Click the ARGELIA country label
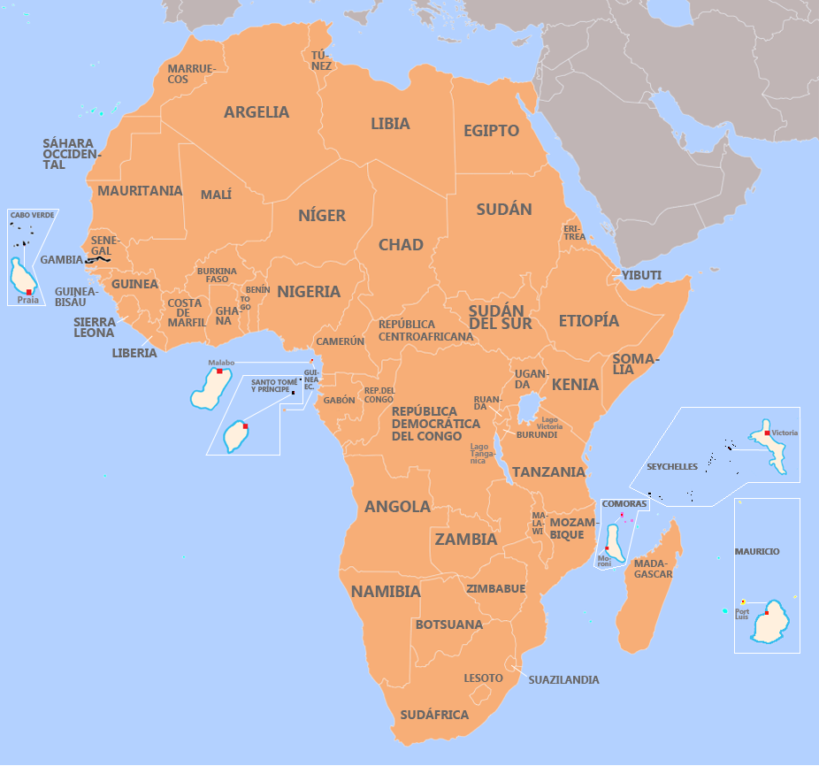(256, 112)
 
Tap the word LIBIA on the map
(390, 124)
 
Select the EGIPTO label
(491, 131)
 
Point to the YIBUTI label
(641, 275)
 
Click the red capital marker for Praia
(29, 292)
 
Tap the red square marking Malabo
(219, 372)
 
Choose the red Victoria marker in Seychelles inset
(767, 433)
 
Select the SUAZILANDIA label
(563, 680)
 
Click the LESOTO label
(483, 678)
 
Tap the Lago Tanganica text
(478, 454)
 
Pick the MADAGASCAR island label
(654, 569)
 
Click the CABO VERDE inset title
(32, 215)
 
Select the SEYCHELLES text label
(672, 466)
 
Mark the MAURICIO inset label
(757, 551)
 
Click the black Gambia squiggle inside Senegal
(97, 260)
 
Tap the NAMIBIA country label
(385, 592)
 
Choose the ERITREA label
(574, 232)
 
